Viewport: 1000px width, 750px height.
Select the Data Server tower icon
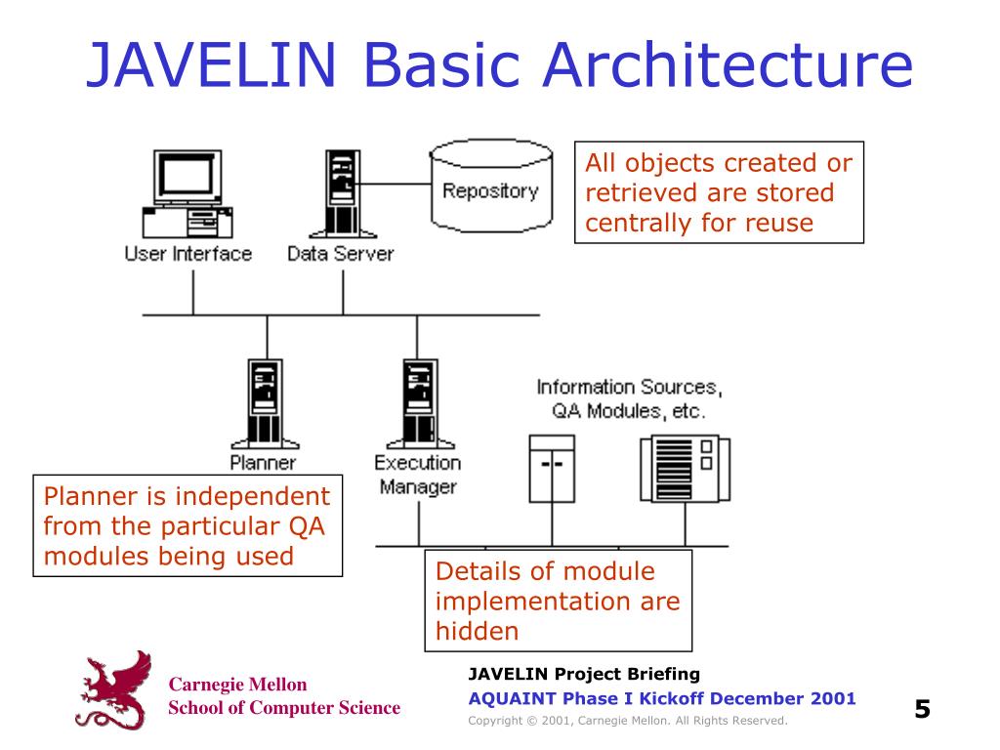tap(341, 193)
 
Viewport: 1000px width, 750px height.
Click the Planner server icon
tap(264, 402)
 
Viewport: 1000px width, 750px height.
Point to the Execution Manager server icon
tap(418, 402)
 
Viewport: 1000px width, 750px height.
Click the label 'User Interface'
tap(188, 254)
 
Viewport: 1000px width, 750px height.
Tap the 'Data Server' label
tap(341, 254)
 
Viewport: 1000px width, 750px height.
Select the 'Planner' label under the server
tap(263, 462)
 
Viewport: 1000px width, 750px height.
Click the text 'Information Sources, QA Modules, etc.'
tap(629, 398)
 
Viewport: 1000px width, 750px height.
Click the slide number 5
tap(922, 708)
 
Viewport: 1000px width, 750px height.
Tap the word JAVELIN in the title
tap(211, 64)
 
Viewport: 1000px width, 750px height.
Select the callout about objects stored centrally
tap(718, 192)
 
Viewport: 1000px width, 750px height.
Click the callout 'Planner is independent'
tap(187, 526)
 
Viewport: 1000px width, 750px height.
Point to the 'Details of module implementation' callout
tap(558, 601)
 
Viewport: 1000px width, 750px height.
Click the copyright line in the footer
tap(627, 721)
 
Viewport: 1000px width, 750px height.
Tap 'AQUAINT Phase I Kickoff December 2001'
tap(661, 698)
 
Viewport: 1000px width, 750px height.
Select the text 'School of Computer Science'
tap(284, 708)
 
